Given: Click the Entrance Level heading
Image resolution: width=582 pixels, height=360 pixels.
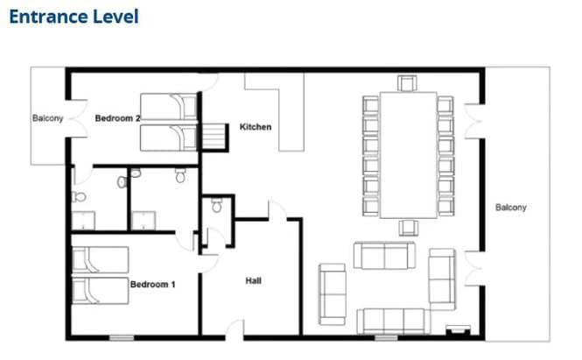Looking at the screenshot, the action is [74, 18].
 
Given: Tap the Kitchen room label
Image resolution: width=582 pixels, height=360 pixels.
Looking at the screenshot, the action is [256, 127].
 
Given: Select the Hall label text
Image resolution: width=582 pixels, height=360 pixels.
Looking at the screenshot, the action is [254, 281].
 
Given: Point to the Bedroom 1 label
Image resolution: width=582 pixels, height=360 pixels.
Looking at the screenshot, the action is [152, 285].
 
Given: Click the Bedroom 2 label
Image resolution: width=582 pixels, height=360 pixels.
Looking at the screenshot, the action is [117, 118].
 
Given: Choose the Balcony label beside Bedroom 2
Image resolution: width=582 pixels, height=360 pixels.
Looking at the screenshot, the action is [47, 118].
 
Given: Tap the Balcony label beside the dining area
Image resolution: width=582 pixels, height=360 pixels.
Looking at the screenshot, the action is [511, 208].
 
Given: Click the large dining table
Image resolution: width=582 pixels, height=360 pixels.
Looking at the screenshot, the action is [409, 155].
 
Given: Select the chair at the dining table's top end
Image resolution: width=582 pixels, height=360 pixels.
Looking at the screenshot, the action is [407, 83].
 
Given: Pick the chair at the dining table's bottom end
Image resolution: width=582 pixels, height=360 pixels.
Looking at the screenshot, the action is [409, 228].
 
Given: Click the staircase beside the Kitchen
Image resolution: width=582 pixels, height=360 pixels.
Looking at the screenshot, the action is [214, 137].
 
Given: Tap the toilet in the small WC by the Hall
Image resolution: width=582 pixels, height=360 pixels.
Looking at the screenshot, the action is [217, 205].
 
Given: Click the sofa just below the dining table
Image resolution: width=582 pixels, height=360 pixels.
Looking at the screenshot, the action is [384, 255].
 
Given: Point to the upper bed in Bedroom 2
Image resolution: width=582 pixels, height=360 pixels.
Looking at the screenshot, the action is [169, 106].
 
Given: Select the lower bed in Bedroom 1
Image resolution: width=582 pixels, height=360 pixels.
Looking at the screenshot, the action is [101, 291].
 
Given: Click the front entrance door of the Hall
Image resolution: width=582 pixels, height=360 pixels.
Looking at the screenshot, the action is [235, 330].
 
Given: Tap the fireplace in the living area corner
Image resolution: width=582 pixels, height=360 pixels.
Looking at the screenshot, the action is [458, 330].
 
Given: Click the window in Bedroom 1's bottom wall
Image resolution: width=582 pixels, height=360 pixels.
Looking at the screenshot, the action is [122, 338].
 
